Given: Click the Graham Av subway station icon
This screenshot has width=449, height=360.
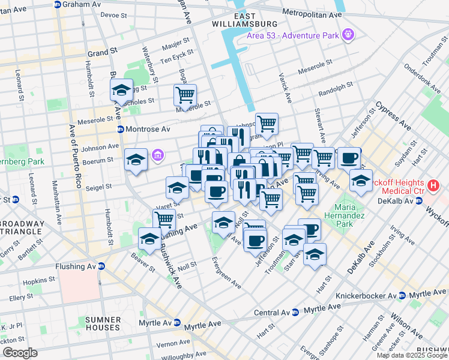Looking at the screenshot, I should click(57, 4).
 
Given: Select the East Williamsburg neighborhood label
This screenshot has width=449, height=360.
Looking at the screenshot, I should click(244, 19).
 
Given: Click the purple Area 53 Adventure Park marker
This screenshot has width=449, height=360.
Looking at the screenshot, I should click(348, 34).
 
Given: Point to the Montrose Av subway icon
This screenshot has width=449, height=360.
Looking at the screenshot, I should click(120, 129).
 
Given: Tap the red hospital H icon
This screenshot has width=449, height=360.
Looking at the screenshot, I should click(434, 186).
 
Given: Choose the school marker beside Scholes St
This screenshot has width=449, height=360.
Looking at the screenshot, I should click(121, 91).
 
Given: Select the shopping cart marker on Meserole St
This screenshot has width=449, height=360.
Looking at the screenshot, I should click(185, 94).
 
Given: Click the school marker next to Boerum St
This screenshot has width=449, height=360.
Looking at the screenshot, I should click(136, 160).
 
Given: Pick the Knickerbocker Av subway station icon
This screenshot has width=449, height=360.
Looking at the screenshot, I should click(402, 296).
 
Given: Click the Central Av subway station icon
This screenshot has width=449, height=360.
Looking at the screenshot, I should click(295, 312).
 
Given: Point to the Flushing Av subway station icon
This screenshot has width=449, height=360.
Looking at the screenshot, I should click(101, 266).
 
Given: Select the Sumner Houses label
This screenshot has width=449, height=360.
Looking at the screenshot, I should click(102, 323).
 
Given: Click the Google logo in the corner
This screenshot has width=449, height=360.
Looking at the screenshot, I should click(20, 353).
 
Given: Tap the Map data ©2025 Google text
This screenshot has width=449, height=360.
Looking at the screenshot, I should click(411, 355).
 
